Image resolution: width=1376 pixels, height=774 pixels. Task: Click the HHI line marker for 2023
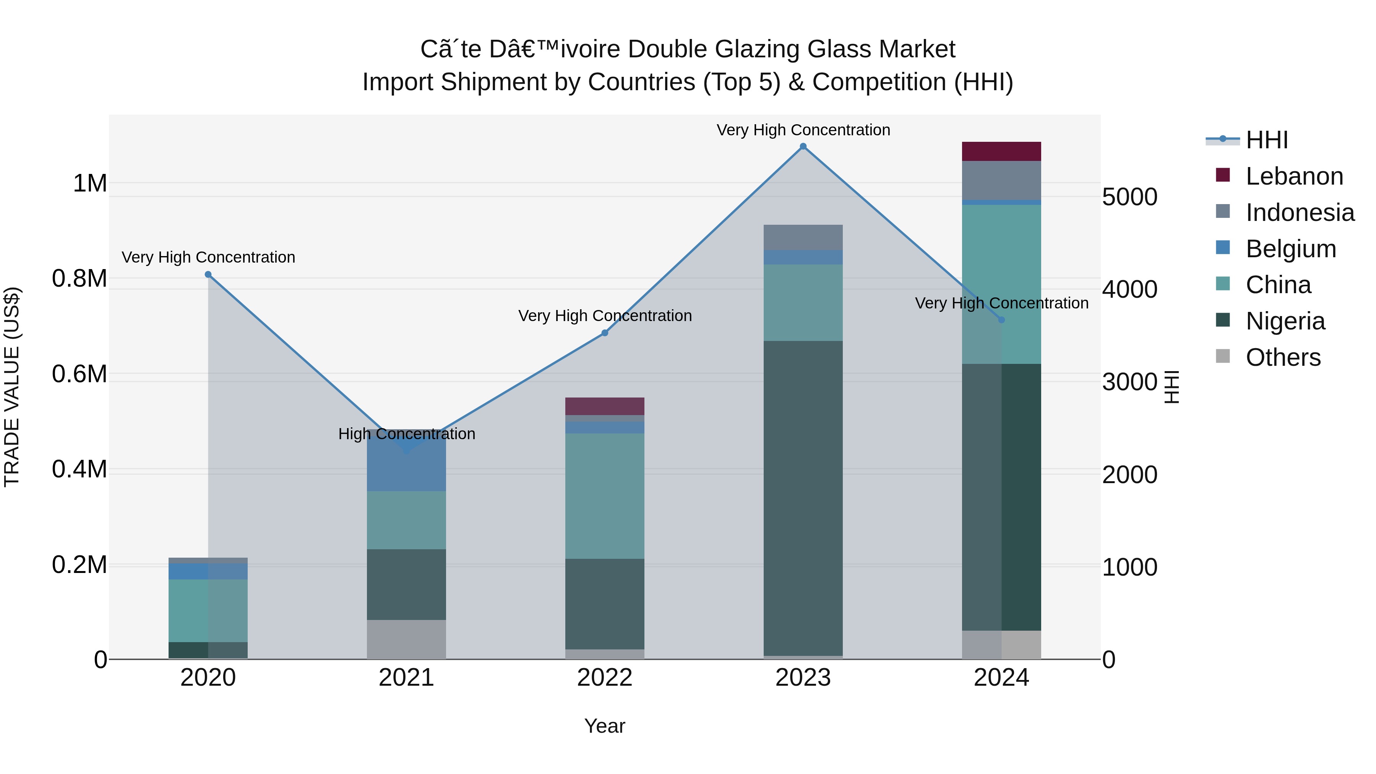[803, 146]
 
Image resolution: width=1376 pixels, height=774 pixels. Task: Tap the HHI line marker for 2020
[208, 274]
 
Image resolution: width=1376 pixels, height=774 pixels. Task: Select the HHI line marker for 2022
[605, 333]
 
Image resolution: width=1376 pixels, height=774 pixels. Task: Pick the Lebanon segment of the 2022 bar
[605, 406]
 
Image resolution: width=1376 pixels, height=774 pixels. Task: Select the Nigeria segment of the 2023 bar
[803, 497]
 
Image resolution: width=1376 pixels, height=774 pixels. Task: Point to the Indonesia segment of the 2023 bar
[803, 237]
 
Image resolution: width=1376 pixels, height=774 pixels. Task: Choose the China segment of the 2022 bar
[605, 496]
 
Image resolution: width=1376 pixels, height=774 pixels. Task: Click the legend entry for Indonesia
[1300, 213]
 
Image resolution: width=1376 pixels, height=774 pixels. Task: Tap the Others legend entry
[1282, 357]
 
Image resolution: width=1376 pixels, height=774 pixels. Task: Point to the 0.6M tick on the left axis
[80, 374]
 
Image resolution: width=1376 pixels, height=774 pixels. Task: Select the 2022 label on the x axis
[605, 678]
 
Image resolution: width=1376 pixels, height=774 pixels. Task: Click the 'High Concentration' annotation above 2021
[407, 434]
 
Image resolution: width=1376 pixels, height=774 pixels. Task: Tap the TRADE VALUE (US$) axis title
[12, 387]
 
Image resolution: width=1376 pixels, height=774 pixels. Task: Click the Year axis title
[605, 726]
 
